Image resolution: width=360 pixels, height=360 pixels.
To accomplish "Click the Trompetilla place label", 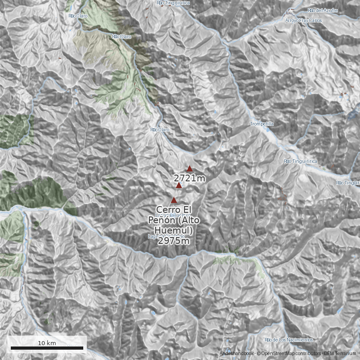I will pyautogui.click(x=261, y=124).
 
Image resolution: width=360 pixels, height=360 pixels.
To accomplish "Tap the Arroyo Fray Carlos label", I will pyautogui.click(x=304, y=21).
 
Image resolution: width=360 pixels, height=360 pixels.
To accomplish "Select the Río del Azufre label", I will pyautogui.click(x=323, y=10).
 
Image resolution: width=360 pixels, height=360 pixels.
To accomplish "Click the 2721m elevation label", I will pyautogui.click(x=189, y=179).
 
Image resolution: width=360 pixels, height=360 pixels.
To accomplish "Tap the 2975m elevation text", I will pyautogui.click(x=173, y=241).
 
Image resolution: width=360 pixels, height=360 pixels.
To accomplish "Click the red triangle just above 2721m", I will pyautogui.click(x=190, y=169).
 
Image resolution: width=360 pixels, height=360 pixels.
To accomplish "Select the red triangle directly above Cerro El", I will pyautogui.click(x=174, y=200).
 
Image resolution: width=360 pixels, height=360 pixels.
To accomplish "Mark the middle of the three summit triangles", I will pyautogui.click(x=179, y=185).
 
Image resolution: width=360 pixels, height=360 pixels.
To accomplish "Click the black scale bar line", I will pyautogui.click(x=46, y=348).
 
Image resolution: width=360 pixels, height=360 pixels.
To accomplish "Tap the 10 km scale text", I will pyautogui.click(x=47, y=343).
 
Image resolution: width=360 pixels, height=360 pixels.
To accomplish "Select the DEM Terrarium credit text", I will pyautogui.click(x=337, y=354).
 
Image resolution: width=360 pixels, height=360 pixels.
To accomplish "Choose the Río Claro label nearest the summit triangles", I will pyautogui.click(x=160, y=130).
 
